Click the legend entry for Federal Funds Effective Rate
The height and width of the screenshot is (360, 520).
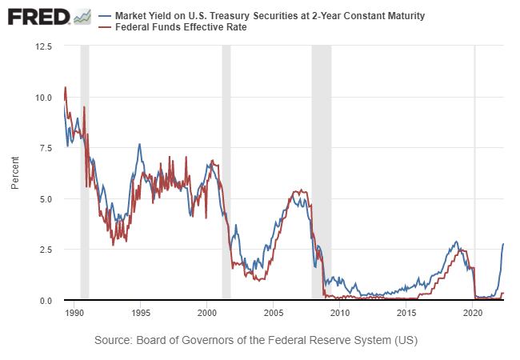[181, 27]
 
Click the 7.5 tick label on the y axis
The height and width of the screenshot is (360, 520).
[45, 148]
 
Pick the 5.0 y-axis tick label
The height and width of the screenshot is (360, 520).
[45, 198]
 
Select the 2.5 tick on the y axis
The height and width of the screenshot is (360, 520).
[45, 250]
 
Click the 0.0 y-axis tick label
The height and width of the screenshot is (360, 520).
[45, 300]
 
